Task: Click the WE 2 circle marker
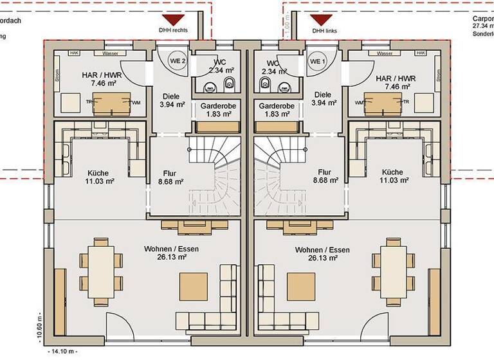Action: tap(178, 60)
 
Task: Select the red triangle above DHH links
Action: tap(320, 20)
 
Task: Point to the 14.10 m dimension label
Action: tap(62, 352)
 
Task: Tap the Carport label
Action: tap(482, 19)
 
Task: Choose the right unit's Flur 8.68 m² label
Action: tap(325, 177)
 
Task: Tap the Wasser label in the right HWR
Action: tap(385, 53)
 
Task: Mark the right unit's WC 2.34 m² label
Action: tap(273, 67)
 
